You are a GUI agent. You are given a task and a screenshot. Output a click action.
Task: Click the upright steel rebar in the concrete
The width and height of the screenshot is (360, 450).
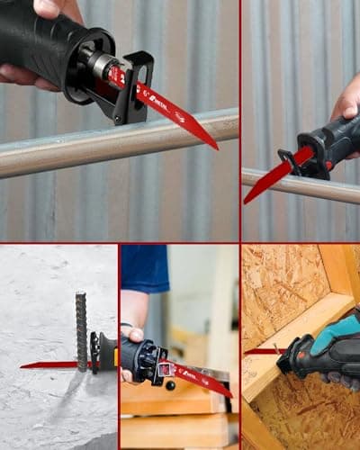coord(81,328)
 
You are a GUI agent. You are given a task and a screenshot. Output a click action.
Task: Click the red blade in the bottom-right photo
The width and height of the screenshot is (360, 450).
coord(261,351)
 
